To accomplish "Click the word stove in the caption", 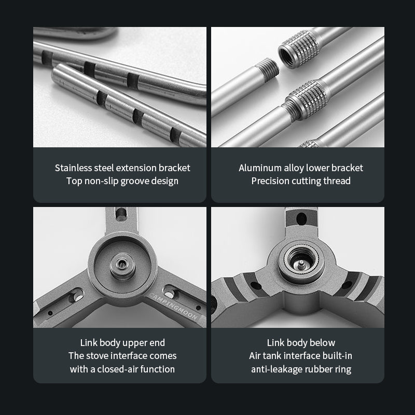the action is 96,356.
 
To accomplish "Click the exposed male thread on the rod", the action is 267,68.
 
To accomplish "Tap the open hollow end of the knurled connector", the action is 285,57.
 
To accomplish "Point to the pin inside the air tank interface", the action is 301,263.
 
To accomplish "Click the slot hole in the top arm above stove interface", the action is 121,213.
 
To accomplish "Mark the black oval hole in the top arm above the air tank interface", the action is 301,219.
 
